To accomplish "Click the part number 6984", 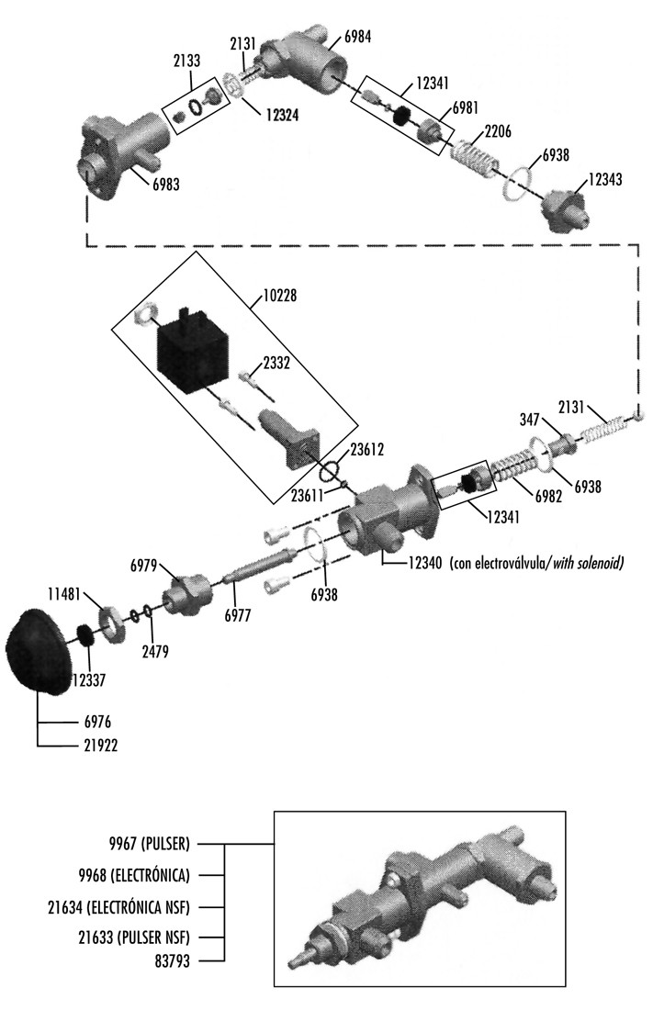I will [x=357, y=37].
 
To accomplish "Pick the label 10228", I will [x=278, y=297].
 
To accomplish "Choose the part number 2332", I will [x=276, y=364].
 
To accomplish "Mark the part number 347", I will [x=528, y=419].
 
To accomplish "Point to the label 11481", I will [x=65, y=594].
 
